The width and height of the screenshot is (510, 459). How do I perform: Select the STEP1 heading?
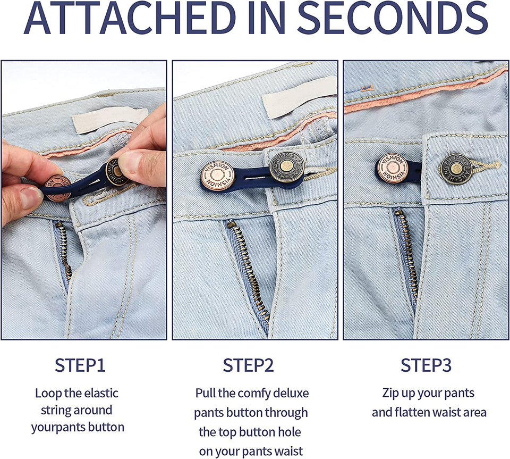click(x=80, y=366)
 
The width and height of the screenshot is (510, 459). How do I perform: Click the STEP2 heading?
click(x=248, y=366)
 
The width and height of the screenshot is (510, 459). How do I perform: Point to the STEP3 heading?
click(x=426, y=366)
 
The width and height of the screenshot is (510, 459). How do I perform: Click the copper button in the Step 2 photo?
click(x=217, y=176)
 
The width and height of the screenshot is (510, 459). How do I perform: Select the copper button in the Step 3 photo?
click(x=393, y=168)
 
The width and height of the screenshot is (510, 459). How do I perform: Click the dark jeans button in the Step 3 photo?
click(x=455, y=169)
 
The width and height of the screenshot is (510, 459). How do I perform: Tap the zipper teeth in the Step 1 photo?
click(x=63, y=250)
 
